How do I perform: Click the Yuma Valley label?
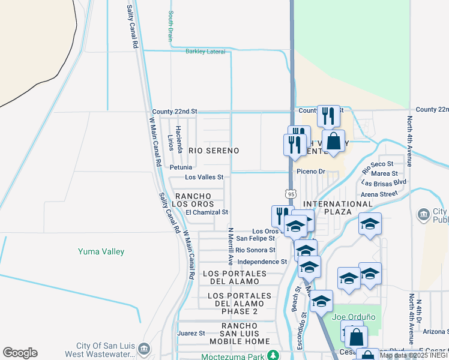[101, 251]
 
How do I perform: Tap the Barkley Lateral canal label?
[205, 52]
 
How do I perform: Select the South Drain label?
[171, 26]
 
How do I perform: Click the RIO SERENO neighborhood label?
[214, 151]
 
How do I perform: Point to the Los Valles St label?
[204, 178]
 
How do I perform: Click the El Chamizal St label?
[207, 212]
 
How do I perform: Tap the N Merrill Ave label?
[231, 245]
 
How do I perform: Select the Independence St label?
[262, 262]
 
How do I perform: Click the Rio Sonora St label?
[256, 250]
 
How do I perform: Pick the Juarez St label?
[191, 332]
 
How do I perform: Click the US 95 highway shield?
[291, 193]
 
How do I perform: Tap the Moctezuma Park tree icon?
[273, 355]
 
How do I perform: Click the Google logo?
[20, 353]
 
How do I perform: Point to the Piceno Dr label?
[311, 172]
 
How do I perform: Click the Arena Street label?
[379, 194]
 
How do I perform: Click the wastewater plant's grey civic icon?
[143, 349]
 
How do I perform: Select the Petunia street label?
[181, 167]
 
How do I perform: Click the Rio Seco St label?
[378, 164]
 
